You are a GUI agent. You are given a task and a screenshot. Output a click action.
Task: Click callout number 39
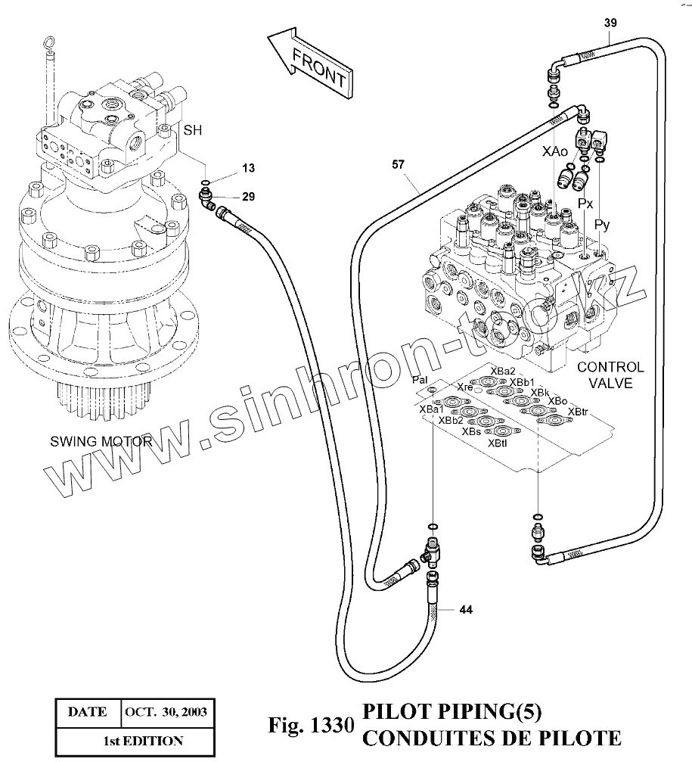coord(610,23)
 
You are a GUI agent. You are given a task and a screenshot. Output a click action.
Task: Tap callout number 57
coord(399,165)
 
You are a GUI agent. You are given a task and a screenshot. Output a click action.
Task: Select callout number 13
coord(249,168)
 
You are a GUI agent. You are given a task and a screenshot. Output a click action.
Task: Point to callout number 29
coord(249,197)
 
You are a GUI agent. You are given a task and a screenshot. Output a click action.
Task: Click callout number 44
coord(466,610)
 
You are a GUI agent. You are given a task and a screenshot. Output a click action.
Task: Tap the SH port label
coord(192,130)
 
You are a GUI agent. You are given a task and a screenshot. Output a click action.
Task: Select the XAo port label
coord(554,152)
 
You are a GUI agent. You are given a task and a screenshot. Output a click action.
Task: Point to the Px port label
coord(585,203)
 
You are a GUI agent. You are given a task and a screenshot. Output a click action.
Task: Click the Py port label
coord(602,225)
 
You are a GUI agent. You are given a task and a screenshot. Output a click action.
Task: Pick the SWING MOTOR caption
coord(101,441)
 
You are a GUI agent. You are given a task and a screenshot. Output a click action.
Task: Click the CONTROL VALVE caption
coord(610,375)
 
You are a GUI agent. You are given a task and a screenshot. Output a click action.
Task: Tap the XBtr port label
coord(578,412)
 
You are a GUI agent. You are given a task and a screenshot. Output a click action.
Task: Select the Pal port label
coord(420,379)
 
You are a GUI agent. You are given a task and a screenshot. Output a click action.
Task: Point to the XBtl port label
coord(498,443)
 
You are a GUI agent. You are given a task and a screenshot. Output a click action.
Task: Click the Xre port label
coord(464,387)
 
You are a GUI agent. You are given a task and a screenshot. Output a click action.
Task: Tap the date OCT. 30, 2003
coord(166,712)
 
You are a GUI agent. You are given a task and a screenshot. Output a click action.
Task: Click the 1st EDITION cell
coord(143,741)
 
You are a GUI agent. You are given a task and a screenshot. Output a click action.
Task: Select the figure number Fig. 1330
coord(312,726)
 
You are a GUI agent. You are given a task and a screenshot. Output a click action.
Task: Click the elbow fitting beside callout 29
coord(206,200)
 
